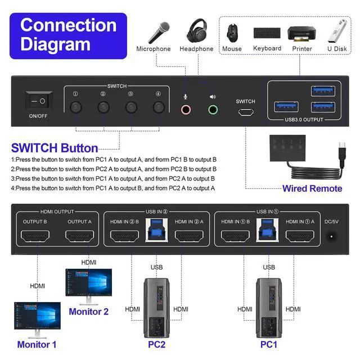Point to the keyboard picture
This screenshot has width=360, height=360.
[267, 33]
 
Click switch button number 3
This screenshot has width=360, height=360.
[131, 107]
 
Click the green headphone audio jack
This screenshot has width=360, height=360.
[213, 109]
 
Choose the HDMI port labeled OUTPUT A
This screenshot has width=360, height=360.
[80, 237]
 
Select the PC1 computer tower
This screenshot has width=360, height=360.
[269, 307]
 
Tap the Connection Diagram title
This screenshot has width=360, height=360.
[68, 35]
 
